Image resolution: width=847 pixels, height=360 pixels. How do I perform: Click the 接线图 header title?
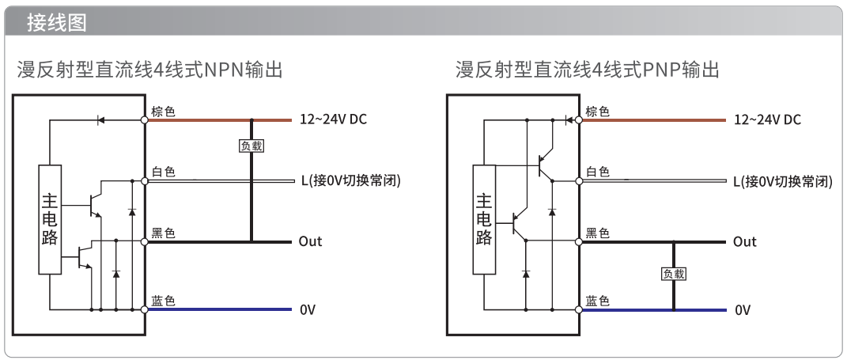(57, 23)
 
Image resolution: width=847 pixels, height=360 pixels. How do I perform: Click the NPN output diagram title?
(150, 70)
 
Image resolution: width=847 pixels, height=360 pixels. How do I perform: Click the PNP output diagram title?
(587, 70)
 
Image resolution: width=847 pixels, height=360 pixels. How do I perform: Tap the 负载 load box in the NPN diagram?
(251, 146)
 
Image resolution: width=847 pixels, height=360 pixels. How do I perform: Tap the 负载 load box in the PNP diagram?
(674, 274)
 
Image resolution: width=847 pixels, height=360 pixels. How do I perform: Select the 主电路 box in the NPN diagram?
(50, 219)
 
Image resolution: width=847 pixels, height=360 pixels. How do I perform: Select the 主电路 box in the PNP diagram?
(484, 219)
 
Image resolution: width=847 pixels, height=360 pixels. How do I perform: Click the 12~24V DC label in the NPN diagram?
(333, 119)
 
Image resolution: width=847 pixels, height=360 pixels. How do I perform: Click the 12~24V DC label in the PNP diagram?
(768, 119)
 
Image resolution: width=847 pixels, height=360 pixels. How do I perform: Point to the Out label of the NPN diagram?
(310, 241)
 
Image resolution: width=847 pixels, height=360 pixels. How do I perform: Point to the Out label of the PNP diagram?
(744, 241)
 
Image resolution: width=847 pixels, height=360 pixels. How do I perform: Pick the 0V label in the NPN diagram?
(308, 309)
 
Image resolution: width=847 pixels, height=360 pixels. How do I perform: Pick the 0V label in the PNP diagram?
(742, 309)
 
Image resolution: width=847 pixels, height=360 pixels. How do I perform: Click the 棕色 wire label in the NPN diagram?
(163, 112)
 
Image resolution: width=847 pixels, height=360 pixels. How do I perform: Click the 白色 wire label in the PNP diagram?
(597, 172)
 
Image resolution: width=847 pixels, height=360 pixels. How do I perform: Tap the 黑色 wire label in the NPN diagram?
(163, 233)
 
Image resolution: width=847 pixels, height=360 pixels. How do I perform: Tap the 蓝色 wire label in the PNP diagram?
(597, 301)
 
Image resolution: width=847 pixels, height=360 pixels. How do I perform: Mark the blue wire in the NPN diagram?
(220, 309)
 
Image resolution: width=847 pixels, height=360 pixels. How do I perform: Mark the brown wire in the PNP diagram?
(654, 120)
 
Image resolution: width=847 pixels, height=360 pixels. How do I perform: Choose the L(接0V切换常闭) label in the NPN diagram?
(351, 181)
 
